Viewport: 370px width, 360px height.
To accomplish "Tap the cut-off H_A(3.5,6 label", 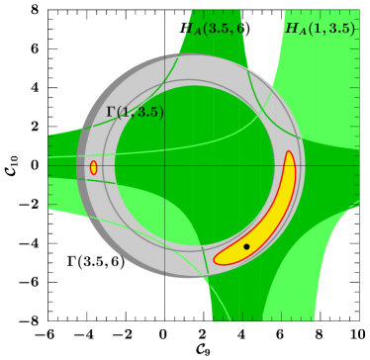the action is [214, 29].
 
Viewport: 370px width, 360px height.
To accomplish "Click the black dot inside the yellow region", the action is [246, 246].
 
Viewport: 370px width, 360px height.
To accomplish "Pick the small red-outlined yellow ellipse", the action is [93, 168].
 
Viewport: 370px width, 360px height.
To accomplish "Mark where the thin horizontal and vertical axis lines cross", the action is [164, 165].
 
